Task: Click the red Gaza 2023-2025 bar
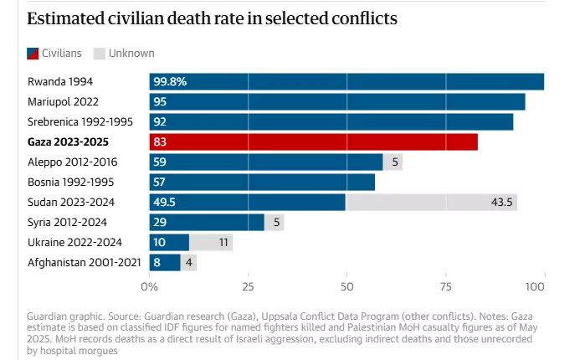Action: coord(314,141)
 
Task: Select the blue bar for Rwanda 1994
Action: coord(346,81)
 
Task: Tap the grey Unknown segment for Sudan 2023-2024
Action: coord(431,202)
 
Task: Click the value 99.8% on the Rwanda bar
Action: coord(170,81)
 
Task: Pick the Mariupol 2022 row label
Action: coord(62,101)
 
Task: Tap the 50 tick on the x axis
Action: coord(346,286)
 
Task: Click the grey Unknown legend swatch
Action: coord(99,53)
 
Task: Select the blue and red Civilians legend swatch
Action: coord(34,53)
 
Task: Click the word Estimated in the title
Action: coord(61,18)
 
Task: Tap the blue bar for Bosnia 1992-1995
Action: coord(262,182)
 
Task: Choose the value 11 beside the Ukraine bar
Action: coord(223,242)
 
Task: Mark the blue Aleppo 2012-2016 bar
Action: coord(266,162)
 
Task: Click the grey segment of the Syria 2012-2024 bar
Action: coord(274,222)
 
